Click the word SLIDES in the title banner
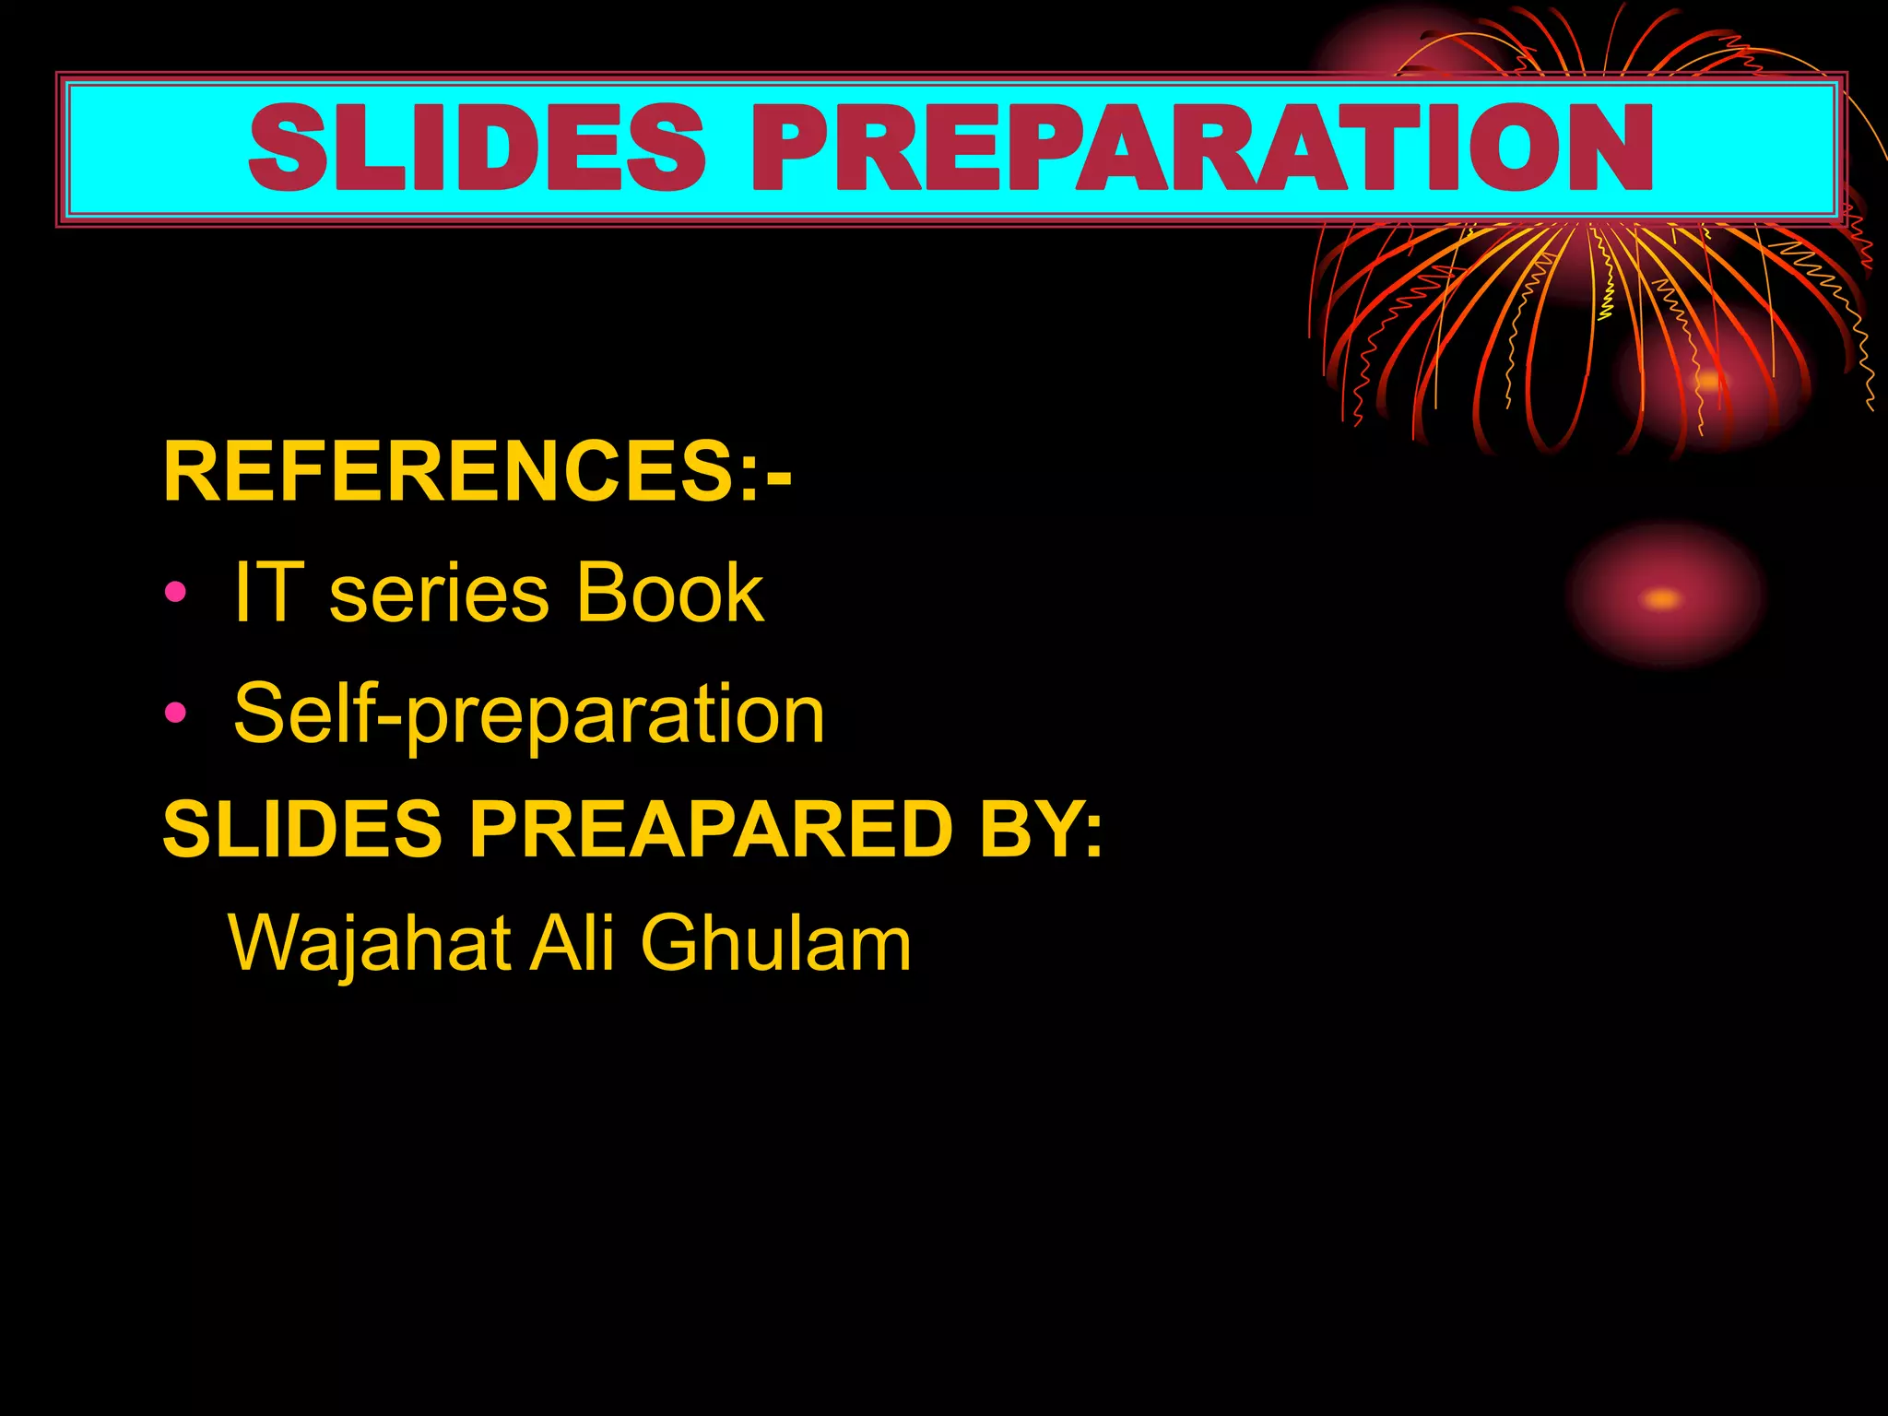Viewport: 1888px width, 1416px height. (x=478, y=147)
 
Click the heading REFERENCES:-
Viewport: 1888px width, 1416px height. (x=476, y=471)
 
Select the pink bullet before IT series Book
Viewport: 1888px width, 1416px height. (x=175, y=592)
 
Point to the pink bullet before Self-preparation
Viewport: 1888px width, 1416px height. (x=175, y=713)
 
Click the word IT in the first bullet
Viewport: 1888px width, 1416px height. (x=268, y=592)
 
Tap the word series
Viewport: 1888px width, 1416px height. (x=439, y=595)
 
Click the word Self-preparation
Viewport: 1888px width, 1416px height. (x=529, y=715)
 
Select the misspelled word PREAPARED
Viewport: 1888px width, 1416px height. (x=711, y=828)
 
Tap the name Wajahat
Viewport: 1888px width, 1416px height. (x=370, y=944)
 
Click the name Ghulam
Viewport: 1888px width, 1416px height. (x=775, y=942)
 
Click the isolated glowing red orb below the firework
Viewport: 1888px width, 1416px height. (x=1665, y=595)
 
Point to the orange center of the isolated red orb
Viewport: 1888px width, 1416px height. (x=1661, y=599)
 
